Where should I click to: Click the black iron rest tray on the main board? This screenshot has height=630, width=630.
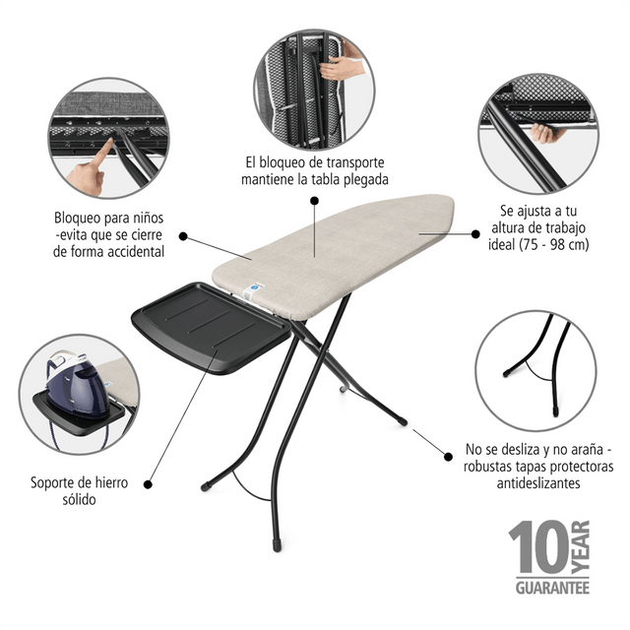[x=212, y=328]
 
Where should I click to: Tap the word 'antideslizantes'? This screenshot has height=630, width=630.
[x=538, y=482]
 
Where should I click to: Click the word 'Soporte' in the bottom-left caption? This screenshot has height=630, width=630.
[x=54, y=482]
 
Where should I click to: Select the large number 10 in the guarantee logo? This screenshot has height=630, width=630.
[x=538, y=547]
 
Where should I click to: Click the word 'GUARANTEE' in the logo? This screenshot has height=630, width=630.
[x=552, y=589]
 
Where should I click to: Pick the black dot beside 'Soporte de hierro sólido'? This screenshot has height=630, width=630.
[x=148, y=484]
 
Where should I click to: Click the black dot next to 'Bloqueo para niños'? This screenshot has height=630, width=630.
[x=183, y=236]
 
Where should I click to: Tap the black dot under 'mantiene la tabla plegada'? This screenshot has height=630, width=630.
[x=315, y=201]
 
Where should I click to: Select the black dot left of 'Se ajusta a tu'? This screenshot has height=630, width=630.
[x=475, y=234]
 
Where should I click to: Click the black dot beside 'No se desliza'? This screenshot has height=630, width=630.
[x=448, y=457]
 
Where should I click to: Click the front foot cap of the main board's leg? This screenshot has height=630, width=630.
[x=277, y=545]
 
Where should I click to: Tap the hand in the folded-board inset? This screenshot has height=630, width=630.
[x=341, y=65]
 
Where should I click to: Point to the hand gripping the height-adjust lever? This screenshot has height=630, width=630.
[x=545, y=133]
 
